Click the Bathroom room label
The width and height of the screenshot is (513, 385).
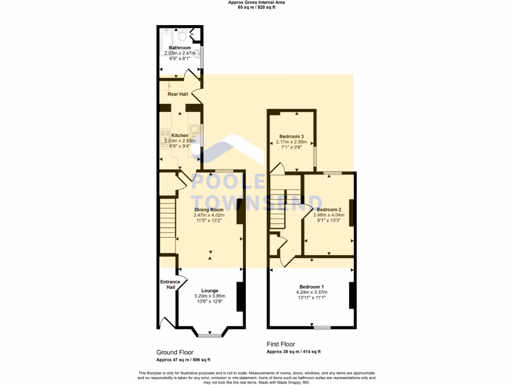coord(179,48)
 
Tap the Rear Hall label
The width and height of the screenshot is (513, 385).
coord(177,94)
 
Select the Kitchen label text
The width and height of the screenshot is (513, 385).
coord(180,135)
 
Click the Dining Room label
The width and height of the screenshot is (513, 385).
coord(209,210)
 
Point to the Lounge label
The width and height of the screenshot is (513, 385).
coord(209,290)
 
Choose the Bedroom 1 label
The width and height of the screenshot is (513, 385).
coord(312,287)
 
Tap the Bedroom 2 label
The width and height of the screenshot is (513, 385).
coord(329,210)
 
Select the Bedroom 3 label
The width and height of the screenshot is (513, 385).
coord(292,136)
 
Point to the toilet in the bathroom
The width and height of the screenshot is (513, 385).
coord(183,35)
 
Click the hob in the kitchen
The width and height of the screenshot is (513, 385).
coord(165,138)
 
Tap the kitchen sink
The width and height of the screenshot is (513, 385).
coord(195,133)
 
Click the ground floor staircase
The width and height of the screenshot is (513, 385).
coord(168,225)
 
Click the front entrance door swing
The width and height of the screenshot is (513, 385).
coord(165,322)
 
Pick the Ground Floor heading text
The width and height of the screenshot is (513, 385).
coord(175,352)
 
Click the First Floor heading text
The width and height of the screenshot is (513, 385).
coord(281,344)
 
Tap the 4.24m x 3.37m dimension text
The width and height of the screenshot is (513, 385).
coord(312,292)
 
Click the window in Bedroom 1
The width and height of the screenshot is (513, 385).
coord(322,327)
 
